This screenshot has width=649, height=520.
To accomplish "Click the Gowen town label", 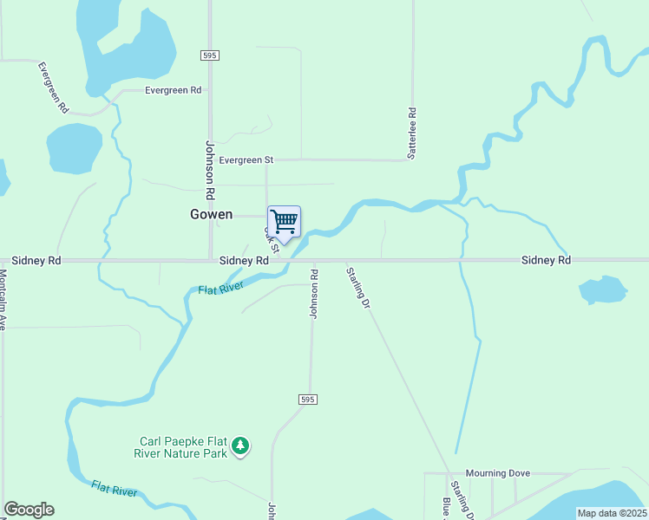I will pyautogui.click(x=212, y=214).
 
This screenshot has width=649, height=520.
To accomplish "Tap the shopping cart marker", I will pyautogui.click(x=284, y=222).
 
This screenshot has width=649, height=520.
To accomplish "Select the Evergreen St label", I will pyautogui.click(x=246, y=160).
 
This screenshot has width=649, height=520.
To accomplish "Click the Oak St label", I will pyautogui.click(x=271, y=239).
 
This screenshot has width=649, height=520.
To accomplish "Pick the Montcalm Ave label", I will pyautogui.click(x=3, y=298).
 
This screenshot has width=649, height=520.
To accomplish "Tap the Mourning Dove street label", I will pyautogui.click(x=497, y=473).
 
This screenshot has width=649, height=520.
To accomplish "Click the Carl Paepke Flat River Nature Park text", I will pyautogui.click(x=180, y=446).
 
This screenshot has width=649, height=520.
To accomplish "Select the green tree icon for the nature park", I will pyautogui.click(x=240, y=446).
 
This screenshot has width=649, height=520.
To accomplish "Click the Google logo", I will pyautogui.click(x=29, y=510).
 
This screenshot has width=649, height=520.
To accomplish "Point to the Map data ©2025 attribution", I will pyautogui.click(x=612, y=513).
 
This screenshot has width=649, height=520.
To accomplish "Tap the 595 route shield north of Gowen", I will pyautogui.click(x=208, y=55).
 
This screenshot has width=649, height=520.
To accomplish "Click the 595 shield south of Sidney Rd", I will pyautogui.click(x=307, y=400).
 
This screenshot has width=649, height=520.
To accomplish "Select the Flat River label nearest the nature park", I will pyautogui.click(x=115, y=489).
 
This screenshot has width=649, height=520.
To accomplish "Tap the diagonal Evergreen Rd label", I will pyautogui.click(x=52, y=87).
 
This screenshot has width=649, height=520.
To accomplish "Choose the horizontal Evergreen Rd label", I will pyautogui.click(x=173, y=90).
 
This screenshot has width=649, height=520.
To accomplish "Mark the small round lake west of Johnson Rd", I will pyautogui.click(x=75, y=148).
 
